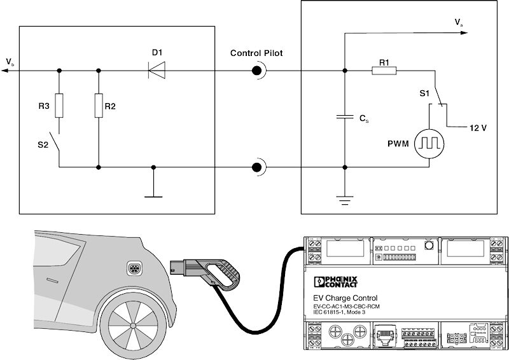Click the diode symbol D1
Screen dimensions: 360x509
click(157, 71)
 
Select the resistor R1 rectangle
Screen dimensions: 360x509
click(384, 71)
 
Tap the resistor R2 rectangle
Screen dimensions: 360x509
click(99, 106)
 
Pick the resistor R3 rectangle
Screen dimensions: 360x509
click(59, 106)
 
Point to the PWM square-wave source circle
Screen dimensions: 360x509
click(428, 145)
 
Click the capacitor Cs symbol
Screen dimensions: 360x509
click(344, 118)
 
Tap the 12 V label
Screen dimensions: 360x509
click(478, 127)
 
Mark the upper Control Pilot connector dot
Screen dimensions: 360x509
click(258, 71)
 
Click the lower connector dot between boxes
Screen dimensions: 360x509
click(258, 168)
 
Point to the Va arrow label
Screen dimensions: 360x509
click(458, 23)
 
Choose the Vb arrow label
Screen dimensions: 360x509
click(10, 62)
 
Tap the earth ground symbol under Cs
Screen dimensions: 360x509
click(344, 202)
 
